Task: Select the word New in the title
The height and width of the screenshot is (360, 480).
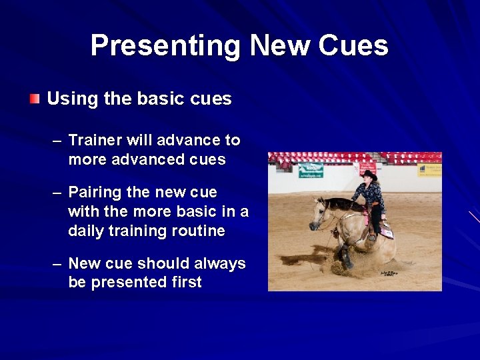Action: click(x=279, y=46)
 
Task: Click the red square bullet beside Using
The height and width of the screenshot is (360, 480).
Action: click(x=35, y=99)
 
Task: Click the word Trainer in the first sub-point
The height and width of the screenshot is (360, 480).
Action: click(x=93, y=140)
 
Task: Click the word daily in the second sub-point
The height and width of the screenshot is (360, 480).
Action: click(x=87, y=231)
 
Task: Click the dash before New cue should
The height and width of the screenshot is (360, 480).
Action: click(x=58, y=264)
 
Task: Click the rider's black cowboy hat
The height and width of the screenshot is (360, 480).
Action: click(x=369, y=175)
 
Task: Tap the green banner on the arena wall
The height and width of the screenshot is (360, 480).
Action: click(x=311, y=170)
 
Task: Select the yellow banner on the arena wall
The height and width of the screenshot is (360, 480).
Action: click(x=429, y=170)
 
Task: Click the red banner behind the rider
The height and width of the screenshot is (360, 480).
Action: click(x=367, y=167)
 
